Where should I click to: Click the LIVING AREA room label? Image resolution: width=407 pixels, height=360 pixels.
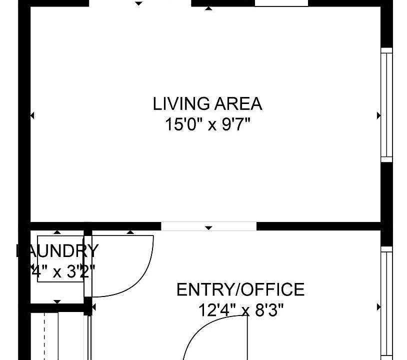[207, 104]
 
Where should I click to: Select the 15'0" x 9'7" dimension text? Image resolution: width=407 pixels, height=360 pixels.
[207, 124]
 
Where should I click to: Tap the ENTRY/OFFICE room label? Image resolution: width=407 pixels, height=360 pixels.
[240, 289]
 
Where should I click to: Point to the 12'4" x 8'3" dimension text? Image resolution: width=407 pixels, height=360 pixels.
[241, 310]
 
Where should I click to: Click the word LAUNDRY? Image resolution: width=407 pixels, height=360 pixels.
[57, 250]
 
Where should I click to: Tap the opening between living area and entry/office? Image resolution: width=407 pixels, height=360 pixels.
[208, 226]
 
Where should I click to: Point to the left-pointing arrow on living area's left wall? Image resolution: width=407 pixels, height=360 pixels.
[32, 115]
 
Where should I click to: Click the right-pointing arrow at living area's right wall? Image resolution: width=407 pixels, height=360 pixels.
[378, 115]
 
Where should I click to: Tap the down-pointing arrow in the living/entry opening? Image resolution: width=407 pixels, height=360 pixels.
[208, 228]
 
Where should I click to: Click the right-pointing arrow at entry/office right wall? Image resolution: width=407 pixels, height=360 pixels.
[378, 307]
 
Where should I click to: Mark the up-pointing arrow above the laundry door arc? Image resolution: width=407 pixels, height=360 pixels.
[130, 232]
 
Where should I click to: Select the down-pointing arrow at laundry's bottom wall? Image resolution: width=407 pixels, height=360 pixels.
[57, 301]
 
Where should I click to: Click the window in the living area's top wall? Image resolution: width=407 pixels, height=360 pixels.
[281, 3]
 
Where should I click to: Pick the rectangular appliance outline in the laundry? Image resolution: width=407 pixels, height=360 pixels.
[60, 258]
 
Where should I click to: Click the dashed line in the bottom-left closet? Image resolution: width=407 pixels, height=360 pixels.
[44, 335]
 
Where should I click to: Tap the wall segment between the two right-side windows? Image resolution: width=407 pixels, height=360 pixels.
[386, 202]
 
